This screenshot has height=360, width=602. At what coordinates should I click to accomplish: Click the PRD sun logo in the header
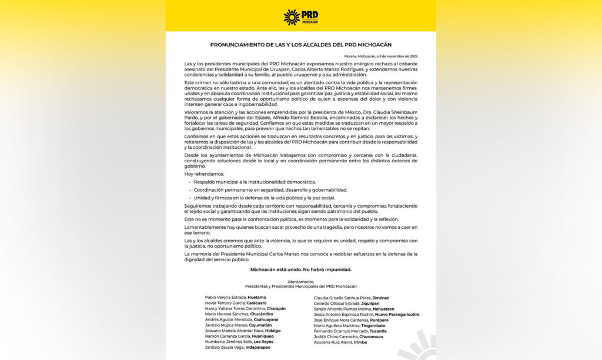pyautogui.click(x=292, y=17)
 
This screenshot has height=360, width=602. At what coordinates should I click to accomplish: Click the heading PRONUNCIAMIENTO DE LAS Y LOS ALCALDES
pyautogui.click(x=300, y=45)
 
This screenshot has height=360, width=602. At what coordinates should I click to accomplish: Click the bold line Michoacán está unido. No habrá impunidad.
pyautogui.click(x=300, y=269)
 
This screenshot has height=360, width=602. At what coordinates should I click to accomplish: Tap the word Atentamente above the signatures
pyautogui.click(x=300, y=281)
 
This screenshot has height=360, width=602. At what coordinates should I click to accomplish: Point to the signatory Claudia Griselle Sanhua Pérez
pyautogui.click(x=343, y=298)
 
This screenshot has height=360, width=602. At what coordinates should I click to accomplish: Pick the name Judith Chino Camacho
pyautogui.click(x=333, y=336)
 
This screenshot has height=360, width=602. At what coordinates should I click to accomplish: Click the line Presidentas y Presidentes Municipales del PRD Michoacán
pyautogui.click(x=300, y=286)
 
